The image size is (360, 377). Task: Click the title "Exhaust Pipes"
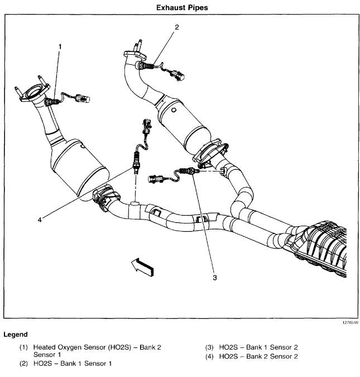181,8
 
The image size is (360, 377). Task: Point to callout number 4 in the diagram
40,219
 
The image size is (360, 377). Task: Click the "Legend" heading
16,335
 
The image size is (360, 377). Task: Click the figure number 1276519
347,323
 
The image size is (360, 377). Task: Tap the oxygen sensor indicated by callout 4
136,163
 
